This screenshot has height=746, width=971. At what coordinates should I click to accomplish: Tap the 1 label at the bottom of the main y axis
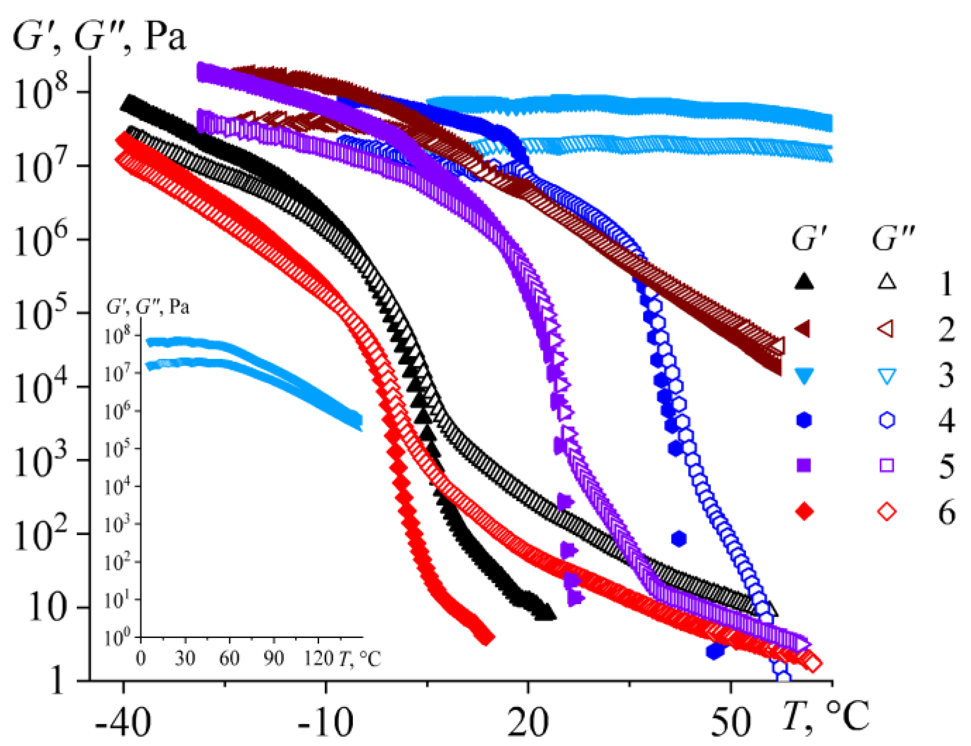point(57,680)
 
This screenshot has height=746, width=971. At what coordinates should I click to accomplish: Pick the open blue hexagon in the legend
point(887,420)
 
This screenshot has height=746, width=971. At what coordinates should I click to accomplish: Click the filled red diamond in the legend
point(804,511)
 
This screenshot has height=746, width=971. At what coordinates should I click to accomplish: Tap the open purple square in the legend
point(887,465)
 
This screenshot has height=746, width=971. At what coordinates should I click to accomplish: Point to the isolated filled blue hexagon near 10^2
point(679,539)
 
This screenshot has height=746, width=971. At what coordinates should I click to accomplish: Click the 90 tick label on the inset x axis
point(273,659)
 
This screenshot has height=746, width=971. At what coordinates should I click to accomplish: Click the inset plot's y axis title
point(148,307)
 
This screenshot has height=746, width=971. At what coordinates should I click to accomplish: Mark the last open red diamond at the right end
point(813,664)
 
